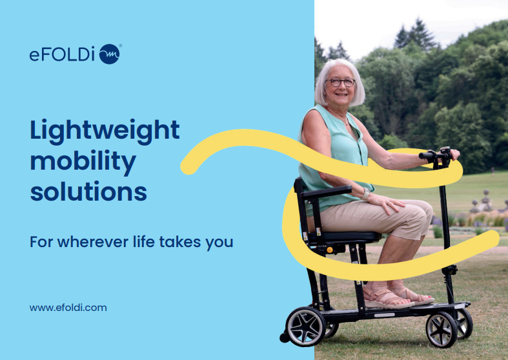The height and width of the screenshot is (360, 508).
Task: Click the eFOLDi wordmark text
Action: pos(62,54)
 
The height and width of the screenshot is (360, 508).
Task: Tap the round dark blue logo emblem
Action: pos(110,54)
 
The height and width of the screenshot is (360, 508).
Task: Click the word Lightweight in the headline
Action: pos(105,131)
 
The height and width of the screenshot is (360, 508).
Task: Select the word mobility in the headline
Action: pos(83,162)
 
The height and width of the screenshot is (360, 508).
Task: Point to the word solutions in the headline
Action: pos(88,192)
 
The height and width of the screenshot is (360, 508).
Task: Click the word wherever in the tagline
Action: pos(93,242)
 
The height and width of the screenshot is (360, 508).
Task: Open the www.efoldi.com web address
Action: pos(68,308)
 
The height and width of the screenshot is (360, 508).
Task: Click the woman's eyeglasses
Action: pos(340,82)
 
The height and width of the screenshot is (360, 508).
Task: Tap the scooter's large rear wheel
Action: pos(305,326)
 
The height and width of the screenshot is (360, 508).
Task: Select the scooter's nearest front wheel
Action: pos(442,330)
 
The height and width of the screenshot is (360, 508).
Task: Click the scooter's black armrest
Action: pos(326,192)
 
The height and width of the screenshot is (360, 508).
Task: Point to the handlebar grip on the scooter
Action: pos(427,155)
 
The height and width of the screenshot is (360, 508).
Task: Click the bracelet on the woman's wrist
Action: pos(366,194)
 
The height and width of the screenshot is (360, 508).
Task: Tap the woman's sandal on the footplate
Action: pos(387,298)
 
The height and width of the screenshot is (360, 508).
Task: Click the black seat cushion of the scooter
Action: pos(343,237)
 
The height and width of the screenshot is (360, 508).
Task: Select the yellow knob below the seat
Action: pos(330,250)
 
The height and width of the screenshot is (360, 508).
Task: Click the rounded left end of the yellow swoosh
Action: pos(188,166)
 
